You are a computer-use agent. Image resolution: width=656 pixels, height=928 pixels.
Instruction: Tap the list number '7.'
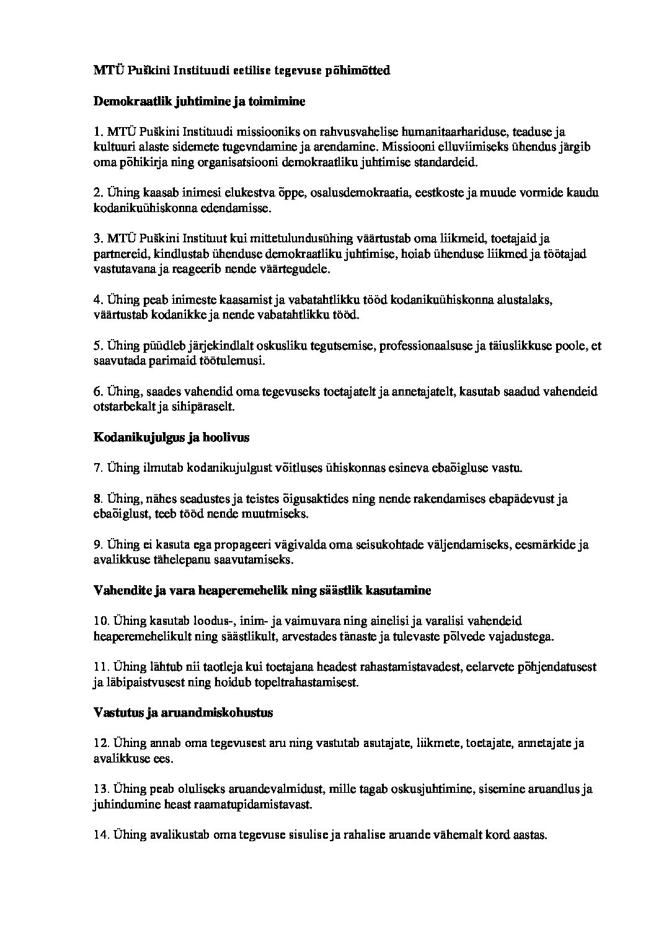(98, 468)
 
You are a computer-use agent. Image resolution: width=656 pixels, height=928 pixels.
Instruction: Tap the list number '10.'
(101, 621)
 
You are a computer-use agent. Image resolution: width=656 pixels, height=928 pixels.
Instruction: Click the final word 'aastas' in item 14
(530, 835)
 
